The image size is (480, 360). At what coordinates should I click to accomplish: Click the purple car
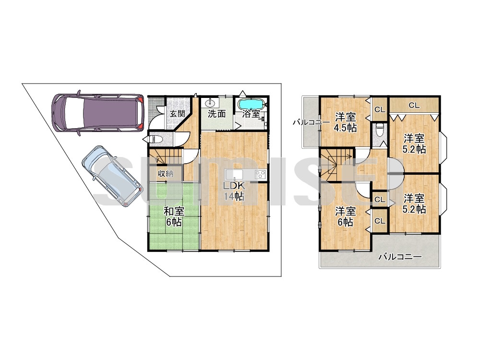tap(97, 113)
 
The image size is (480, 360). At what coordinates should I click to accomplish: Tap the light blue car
tap(112, 176)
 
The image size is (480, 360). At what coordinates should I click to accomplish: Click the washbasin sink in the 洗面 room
tap(211, 102)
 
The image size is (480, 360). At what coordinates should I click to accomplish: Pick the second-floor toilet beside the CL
tap(380, 130)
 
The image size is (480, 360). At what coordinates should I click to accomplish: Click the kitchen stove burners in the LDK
tap(261, 175)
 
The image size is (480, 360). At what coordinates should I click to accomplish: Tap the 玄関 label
tap(177, 114)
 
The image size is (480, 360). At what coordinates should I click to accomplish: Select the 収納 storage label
tap(166, 174)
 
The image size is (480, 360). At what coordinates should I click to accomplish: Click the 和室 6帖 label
tap(174, 216)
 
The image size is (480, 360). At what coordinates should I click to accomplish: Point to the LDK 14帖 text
tap(234, 191)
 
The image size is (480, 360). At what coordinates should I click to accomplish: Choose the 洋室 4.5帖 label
tap(345, 122)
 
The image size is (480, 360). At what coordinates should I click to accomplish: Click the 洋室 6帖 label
tap(345, 216)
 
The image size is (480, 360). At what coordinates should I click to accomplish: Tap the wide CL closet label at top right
tap(414, 105)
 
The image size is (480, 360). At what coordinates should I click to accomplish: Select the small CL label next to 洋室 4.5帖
tap(380, 109)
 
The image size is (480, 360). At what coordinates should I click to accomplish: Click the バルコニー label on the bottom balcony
tap(400, 256)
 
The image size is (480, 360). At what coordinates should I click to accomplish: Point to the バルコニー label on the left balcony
tap(312, 122)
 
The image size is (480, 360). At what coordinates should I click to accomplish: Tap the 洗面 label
tap(216, 114)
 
